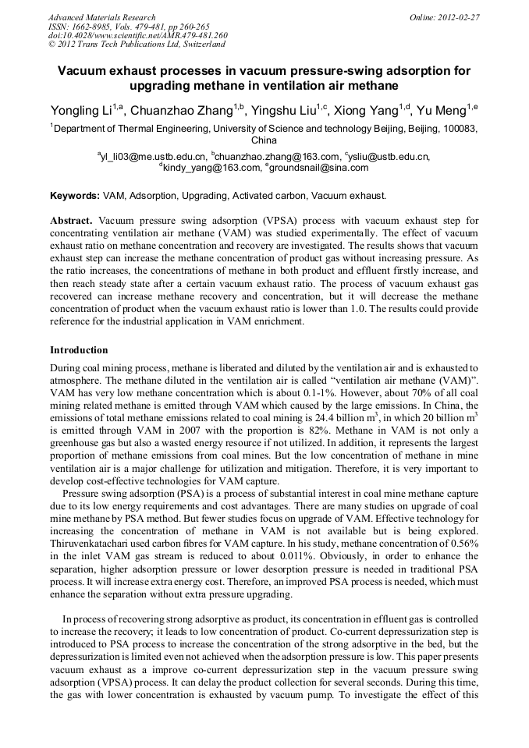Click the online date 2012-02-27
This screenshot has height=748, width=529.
point(460,17)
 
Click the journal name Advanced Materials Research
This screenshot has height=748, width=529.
point(102,17)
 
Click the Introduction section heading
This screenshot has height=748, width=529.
point(79,349)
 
